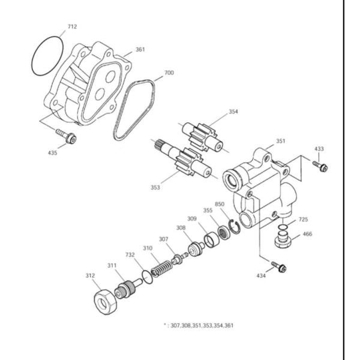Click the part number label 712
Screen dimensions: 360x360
point(72,27)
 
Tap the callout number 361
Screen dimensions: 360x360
point(140,50)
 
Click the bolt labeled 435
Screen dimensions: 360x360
point(67,135)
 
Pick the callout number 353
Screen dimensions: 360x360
point(155,187)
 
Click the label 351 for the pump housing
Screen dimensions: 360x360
point(280,142)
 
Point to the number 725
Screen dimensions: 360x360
point(304,220)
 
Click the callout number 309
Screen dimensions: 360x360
point(192,218)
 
